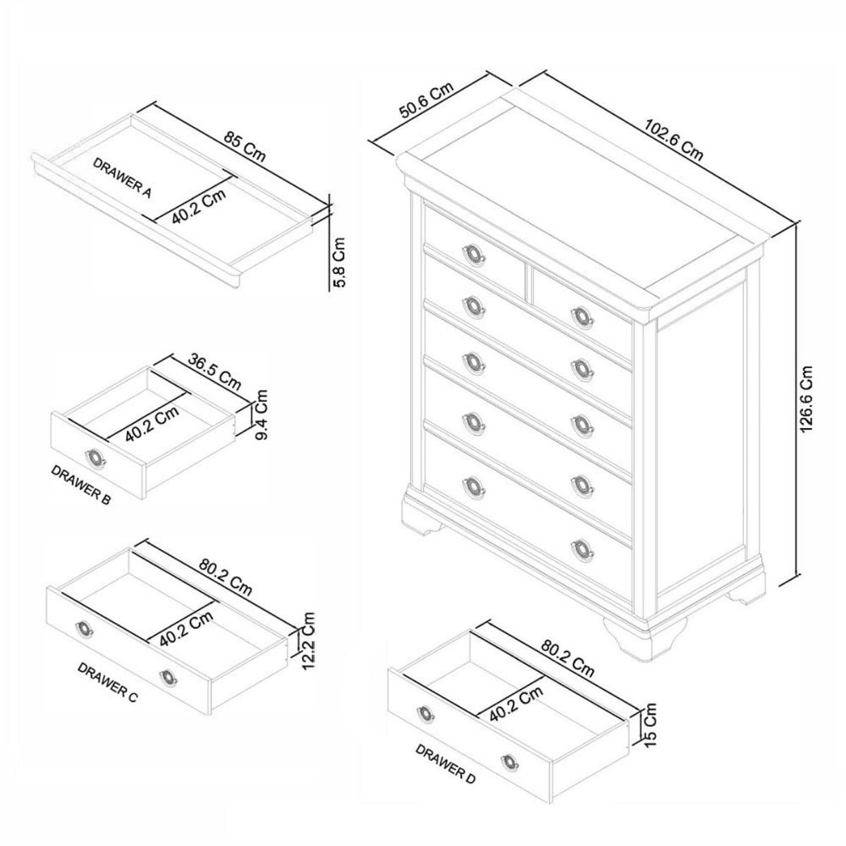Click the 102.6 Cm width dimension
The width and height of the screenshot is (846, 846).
coord(673,140)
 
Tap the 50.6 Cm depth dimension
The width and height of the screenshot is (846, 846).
coord(426,99)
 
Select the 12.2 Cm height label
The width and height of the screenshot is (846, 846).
coord(309,640)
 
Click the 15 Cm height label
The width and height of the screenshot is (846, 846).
coord(649,724)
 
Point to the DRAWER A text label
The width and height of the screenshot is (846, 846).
coord(122,178)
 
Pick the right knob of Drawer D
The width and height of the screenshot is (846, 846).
coord(509,762)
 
